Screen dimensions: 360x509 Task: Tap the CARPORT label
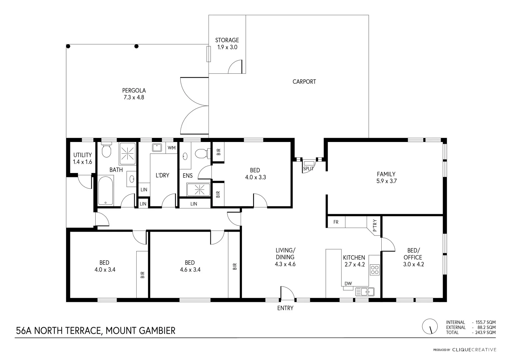click(x=304, y=82)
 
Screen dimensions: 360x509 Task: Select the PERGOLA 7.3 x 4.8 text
click(x=134, y=94)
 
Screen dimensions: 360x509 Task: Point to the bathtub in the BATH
click(x=106, y=191)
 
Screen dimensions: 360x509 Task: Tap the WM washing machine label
click(x=171, y=148)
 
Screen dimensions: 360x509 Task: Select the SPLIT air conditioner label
click(x=308, y=169)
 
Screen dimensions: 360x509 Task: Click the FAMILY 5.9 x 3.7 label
click(x=386, y=178)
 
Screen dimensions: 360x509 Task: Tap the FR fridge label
click(x=336, y=222)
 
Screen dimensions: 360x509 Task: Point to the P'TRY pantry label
click(x=375, y=225)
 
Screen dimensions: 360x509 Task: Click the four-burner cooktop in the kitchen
click(x=375, y=269)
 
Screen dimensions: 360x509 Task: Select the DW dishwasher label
click(x=348, y=284)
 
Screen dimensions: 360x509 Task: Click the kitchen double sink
click(x=365, y=292)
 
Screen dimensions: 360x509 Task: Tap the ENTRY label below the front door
click(x=285, y=308)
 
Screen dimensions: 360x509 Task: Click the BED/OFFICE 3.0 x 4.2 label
click(x=413, y=257)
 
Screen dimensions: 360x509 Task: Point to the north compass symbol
click(x=430, y=327)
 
